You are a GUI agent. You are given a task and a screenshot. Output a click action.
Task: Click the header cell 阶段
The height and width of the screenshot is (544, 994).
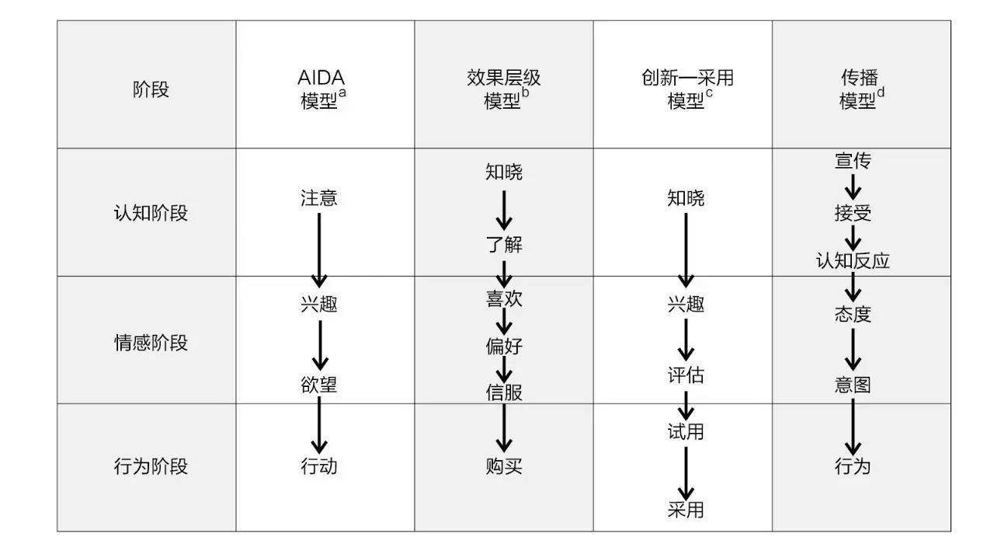151,89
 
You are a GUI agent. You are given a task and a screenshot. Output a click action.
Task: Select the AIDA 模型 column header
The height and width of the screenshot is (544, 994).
321,89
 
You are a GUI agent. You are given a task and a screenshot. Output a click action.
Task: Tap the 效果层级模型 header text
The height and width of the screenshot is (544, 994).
504,89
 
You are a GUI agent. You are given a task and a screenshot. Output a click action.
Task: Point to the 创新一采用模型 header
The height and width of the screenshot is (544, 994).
687,89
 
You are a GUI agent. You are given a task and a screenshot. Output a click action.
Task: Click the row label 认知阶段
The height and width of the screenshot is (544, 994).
151,213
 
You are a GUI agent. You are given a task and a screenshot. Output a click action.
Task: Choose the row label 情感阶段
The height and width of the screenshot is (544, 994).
151,343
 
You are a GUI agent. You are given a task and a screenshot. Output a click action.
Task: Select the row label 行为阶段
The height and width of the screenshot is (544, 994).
151,466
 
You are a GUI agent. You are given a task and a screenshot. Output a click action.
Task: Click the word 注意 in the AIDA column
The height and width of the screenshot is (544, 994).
319,197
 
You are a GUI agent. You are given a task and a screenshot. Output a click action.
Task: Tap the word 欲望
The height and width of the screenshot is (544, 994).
319,385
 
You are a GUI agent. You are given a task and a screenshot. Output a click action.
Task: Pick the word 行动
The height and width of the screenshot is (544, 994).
319,466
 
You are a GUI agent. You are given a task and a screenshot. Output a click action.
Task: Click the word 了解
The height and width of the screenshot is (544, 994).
504,244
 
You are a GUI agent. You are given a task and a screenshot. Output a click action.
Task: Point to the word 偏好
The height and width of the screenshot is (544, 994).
504,346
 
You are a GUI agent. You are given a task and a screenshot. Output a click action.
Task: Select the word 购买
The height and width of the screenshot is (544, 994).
504,466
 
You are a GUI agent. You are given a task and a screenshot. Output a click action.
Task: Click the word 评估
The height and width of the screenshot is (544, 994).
686,375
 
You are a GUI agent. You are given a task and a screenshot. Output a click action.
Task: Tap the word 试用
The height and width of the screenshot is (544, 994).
686,431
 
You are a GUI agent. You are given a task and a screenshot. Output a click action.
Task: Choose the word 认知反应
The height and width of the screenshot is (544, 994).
853,260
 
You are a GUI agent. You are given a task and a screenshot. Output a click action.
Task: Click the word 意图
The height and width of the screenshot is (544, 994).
853,385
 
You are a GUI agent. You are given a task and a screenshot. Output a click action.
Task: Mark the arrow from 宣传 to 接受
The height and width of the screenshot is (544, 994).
853,187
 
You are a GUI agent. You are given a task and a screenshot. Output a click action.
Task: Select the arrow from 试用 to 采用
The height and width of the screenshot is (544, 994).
686,473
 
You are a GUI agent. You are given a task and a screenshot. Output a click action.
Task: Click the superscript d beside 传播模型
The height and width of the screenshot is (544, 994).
881,92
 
